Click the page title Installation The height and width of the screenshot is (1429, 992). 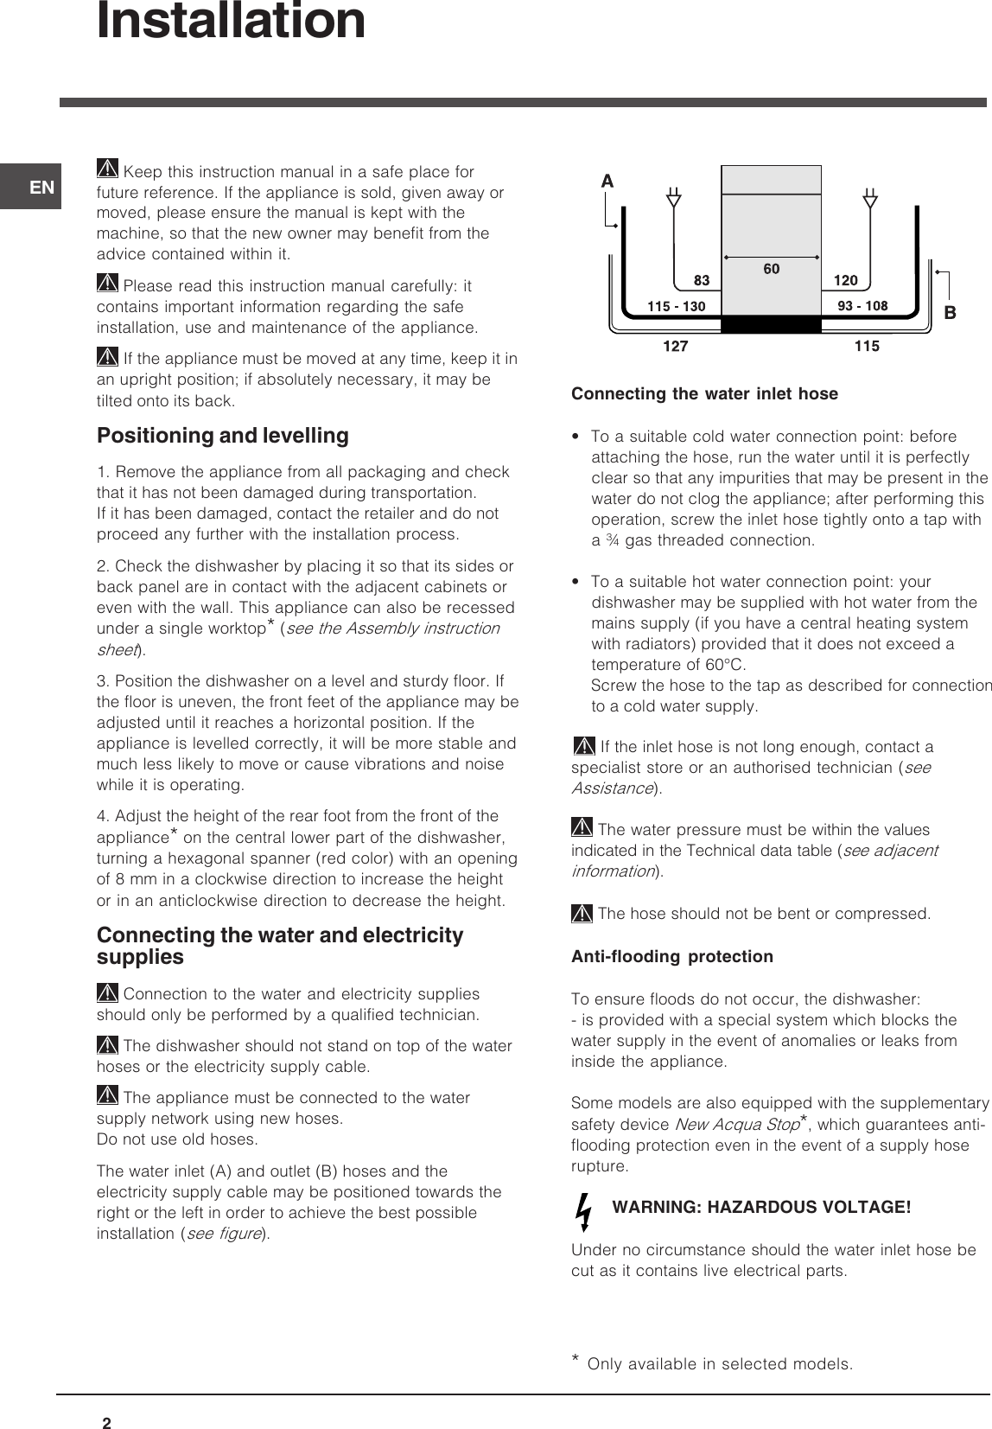click(231, 21)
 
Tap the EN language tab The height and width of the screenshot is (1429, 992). click(41, 187)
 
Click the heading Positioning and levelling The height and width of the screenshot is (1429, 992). click(223, 436)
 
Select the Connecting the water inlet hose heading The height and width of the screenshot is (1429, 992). click(704, 394)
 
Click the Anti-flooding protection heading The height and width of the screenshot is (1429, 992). click(672, 957)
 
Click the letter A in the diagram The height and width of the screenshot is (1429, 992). click(607, 182)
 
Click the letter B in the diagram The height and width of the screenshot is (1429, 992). click(950, 314)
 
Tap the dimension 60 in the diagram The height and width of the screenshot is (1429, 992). click(771, 270)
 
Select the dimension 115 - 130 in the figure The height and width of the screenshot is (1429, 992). click(677, 306)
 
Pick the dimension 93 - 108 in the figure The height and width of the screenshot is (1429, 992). click(862, 306)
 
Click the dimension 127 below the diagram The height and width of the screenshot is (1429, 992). click(675, 347)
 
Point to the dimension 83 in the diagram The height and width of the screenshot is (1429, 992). click(702, 281)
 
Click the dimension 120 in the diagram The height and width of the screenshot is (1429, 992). click(845, 281)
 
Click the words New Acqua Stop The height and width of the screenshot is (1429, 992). click(735, 1125)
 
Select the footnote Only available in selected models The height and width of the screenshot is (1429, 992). click(720, 1364)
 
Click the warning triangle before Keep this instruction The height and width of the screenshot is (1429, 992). click(108, 170)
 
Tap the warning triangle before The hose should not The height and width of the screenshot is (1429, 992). click(582, 913)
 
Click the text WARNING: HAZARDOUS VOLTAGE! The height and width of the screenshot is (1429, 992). click(761, 1207)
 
